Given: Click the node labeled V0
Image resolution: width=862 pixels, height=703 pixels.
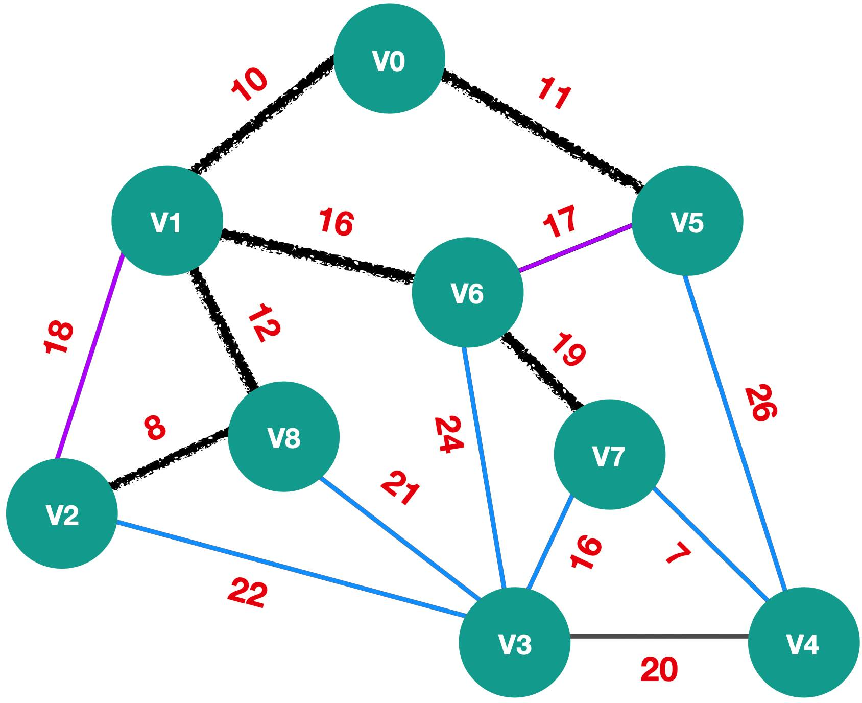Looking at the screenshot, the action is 389,58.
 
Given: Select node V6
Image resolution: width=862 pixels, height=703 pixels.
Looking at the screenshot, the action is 468,293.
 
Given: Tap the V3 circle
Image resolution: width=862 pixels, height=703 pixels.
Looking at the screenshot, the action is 515,642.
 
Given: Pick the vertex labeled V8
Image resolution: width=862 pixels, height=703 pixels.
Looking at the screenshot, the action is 283,437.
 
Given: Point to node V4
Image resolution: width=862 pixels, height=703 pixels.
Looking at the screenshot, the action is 803,642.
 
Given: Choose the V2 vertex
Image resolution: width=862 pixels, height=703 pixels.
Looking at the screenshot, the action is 62,513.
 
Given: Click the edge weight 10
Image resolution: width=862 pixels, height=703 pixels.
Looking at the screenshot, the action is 249,84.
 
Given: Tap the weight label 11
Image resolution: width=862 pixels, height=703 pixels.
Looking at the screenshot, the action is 554,93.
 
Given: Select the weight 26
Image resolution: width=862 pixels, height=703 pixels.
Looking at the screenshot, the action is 760,403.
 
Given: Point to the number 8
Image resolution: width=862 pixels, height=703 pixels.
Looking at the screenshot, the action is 155,428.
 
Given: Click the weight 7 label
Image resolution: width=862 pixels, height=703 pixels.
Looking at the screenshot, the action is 679,554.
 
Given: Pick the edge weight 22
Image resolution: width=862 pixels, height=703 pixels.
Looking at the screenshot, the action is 247,593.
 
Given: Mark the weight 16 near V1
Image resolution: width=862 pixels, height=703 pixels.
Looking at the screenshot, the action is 336,222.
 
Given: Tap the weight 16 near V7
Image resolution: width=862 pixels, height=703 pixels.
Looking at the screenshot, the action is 586,552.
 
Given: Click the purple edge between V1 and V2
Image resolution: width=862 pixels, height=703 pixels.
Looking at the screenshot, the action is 90,356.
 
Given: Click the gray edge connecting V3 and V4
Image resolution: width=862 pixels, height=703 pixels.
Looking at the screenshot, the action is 659,636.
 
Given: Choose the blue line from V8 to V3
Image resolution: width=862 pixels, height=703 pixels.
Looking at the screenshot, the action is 400,538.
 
